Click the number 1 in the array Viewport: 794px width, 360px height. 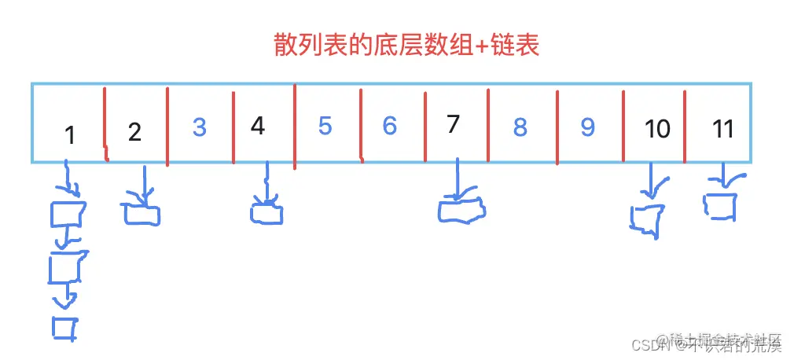pos(70,135)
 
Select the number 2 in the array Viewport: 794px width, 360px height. pos(134,132)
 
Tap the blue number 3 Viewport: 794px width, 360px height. pos(199,127)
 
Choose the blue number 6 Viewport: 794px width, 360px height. pos(389,125)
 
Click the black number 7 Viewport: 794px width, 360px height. pos(452,123)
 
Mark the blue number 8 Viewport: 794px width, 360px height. pos(520,127)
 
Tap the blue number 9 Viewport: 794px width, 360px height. pos(587,127)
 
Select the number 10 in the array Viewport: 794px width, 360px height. pos(656,128)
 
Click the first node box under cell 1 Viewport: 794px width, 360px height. pos(68,214)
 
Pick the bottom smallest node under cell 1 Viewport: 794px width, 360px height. pos(64,328)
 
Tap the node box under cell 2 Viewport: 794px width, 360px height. pos(141,214)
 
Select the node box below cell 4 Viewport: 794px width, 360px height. pos(267,213)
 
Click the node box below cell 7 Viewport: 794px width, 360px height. pos(462,211)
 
